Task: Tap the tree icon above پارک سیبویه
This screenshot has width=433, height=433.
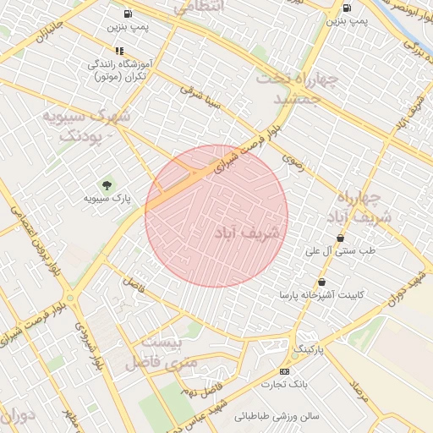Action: [x=106, y=185]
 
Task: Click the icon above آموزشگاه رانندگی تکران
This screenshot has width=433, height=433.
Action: [x=119, y=51]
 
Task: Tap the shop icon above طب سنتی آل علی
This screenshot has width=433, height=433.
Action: [x=339, y=238]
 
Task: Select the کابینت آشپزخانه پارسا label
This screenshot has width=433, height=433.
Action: [x=321, y=296]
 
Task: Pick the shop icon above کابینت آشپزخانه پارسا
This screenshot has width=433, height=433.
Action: [x=321, y=282]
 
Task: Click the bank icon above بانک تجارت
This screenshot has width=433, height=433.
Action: [x=283, y=370]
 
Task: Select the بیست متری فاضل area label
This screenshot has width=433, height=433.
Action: [x=163, y=354]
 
